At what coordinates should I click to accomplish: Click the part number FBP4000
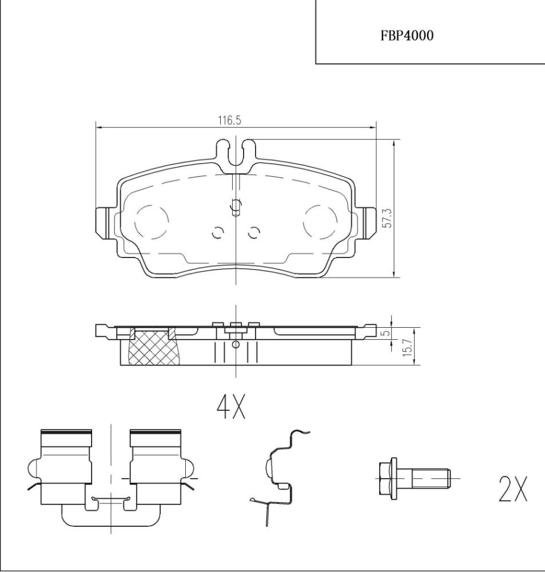point(407,35)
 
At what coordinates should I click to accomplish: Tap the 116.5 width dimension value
point(229,120)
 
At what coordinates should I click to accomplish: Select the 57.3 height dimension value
point(387,218)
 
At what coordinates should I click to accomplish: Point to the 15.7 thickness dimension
point(408,347)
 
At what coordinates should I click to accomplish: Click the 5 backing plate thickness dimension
point(387,333)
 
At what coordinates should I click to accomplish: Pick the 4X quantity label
point(231,406)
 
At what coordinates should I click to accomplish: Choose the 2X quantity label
point(512,488)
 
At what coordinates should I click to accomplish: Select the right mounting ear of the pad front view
point(369,223)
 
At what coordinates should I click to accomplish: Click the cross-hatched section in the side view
point(153,347)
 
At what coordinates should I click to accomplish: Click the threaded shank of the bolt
point(431,478)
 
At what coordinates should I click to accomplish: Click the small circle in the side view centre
point(236,344)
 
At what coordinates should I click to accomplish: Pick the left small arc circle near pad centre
point(218,233)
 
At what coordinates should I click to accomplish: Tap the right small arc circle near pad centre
point(253,233)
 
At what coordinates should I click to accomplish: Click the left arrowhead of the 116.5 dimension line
point(98,128)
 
